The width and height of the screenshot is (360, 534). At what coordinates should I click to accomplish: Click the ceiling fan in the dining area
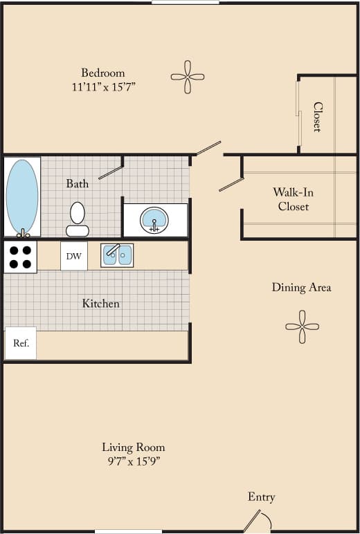click(x=302, y=326)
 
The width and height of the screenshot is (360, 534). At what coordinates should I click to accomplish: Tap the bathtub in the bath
click(x=22, y=197)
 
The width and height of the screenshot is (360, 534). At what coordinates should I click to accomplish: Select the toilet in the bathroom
click(x=77, y=219)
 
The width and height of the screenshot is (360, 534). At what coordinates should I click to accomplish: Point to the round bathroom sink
click(x=154, y=221)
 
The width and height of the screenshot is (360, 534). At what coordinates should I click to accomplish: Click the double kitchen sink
click(x=117, y=255)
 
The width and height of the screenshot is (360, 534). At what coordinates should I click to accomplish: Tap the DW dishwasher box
click(x=74, y=257)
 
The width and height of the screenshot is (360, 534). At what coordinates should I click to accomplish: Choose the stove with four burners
click(x=20, y=257)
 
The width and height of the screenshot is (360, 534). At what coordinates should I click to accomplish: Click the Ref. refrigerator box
click(x=21, y=343)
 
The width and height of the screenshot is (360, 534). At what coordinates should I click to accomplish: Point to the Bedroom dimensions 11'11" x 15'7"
click(x=103, y=87)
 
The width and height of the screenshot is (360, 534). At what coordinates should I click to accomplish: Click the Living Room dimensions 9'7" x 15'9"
click(x=134, y=461)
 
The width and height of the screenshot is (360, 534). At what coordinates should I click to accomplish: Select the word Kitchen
click(x=101, y=303)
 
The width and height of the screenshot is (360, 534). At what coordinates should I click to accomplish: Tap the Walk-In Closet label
click(x=293, y=199)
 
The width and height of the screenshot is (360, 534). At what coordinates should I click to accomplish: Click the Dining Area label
click(x=301, y=287)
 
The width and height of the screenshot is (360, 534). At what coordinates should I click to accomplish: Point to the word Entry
click(x=261, y=497)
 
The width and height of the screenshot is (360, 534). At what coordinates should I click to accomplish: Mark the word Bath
click(x=78, y=183)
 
